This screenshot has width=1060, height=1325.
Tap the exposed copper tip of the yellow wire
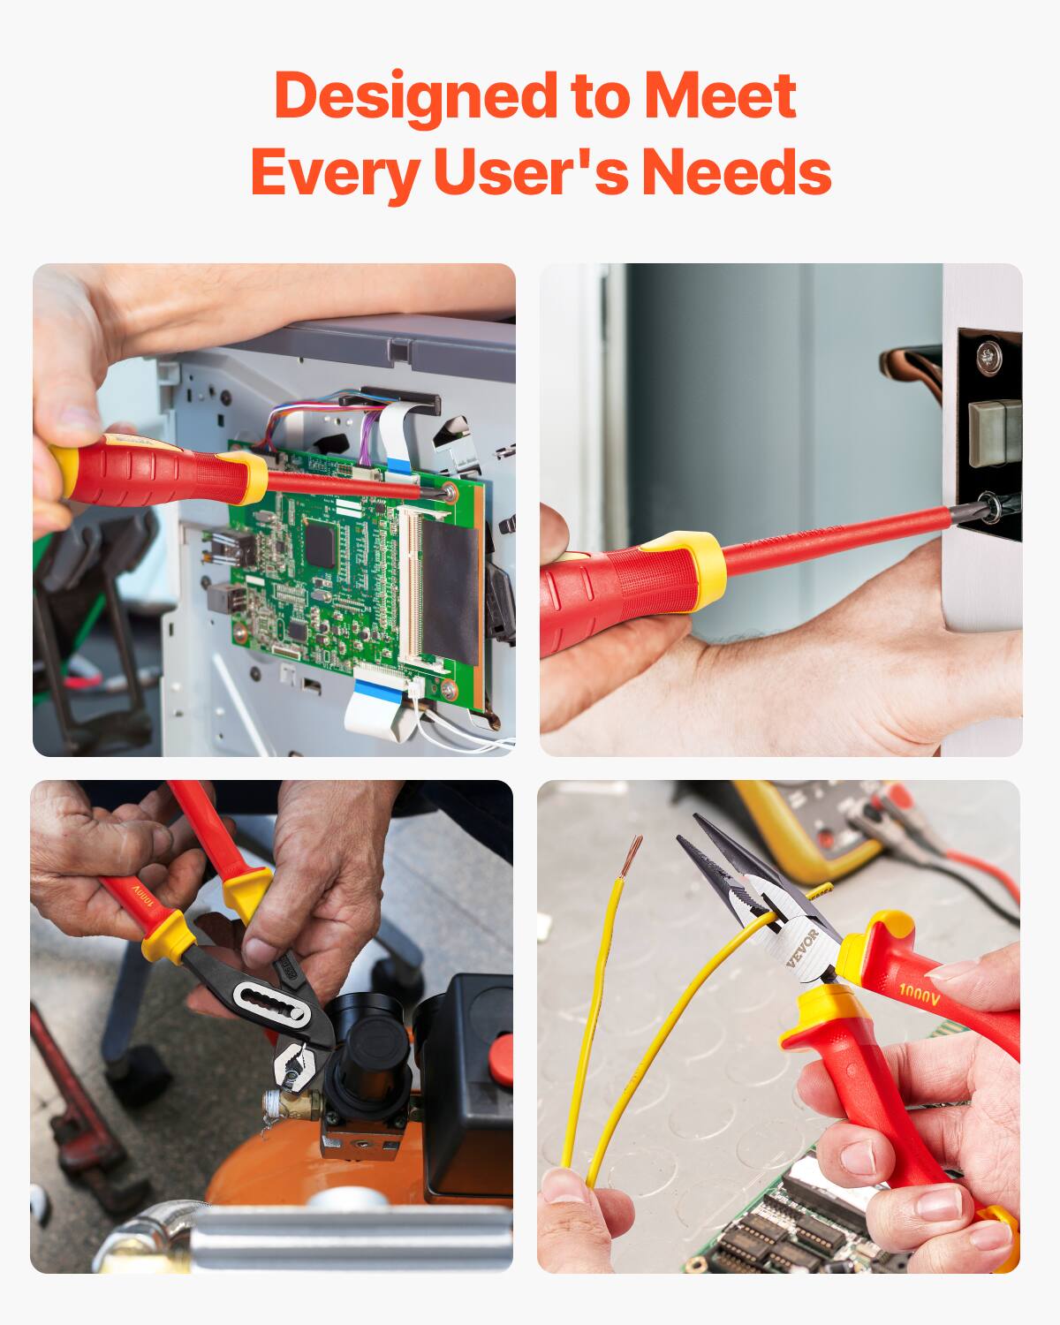tap(632, 852)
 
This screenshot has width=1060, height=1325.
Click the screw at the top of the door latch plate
tap(988, 356)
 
